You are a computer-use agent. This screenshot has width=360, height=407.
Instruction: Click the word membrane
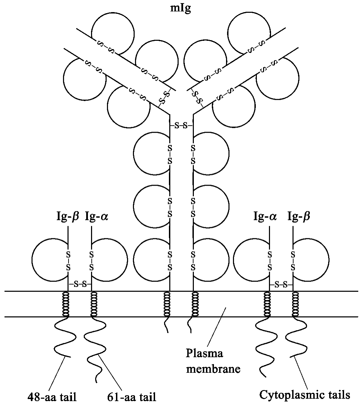pos(213,369)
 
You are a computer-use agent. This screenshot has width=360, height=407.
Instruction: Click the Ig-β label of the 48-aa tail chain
pos(68,217)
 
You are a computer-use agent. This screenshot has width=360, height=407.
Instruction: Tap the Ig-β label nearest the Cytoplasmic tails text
pos(299,217)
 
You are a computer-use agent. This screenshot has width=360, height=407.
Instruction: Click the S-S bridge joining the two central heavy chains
pos(181,126)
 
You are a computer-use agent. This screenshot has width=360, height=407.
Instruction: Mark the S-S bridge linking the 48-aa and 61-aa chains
pos(80,285)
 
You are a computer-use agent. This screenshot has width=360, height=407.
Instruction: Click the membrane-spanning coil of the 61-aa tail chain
pos(93,304)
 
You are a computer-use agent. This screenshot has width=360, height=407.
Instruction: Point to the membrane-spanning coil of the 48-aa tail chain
pos(65,304)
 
